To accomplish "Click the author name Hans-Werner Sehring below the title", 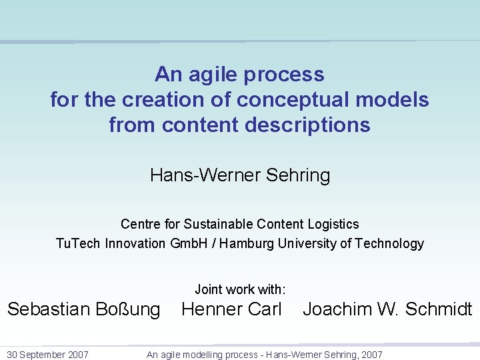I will (x=240, y=175).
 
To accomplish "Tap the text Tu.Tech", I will (x=79, y=243).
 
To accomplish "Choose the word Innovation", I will (x=135, y=243).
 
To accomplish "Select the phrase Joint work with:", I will (x=240, y=289).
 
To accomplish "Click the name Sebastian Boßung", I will (x=83, y=309).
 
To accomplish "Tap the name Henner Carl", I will (x=232, y=309).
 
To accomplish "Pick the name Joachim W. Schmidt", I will (x=387, y=309).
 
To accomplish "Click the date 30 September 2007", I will (x=47, y=355).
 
